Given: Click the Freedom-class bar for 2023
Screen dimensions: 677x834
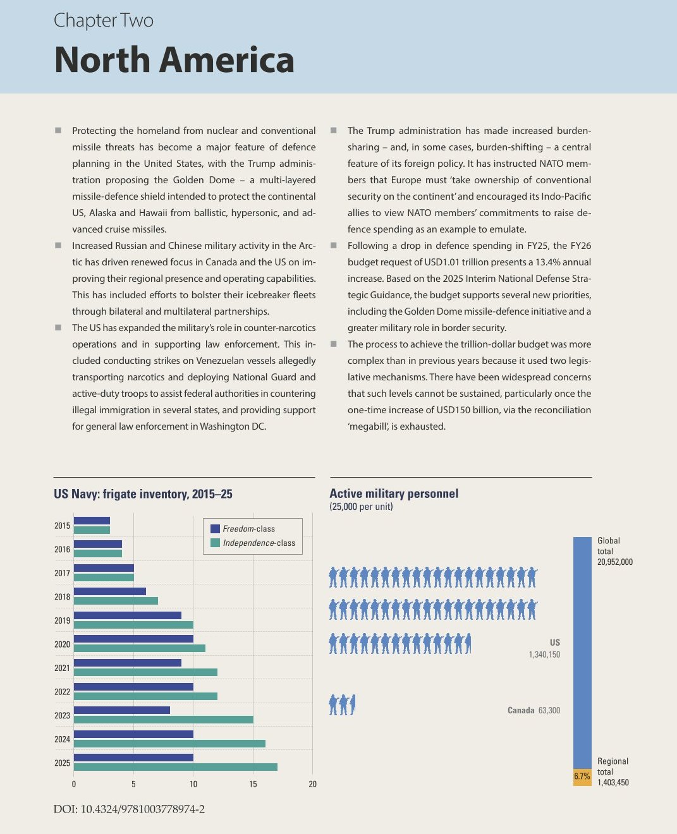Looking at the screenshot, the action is (122, 710).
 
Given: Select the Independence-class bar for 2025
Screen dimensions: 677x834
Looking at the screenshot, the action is (176, 766).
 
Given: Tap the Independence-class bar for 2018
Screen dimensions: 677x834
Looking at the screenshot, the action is (116, 601).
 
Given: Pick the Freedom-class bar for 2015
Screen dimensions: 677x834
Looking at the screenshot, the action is (92, 521).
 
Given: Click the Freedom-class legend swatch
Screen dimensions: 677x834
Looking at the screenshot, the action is (215, 529).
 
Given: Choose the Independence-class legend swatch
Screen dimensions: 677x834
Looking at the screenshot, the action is (215, 543).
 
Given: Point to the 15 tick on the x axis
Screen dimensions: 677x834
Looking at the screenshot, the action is (253, 784).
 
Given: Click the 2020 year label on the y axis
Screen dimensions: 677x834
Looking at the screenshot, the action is (63, 644).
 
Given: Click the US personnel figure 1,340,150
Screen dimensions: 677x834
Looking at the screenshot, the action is (544, 655).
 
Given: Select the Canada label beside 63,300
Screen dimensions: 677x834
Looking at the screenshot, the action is (521, 710).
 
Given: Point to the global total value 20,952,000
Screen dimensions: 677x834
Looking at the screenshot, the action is (614, 562).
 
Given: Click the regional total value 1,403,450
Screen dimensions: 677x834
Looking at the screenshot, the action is (613, 782).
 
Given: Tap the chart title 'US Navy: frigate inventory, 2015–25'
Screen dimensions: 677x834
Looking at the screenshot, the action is (143, 494).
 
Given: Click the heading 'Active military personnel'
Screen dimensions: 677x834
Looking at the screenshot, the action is (394, 493).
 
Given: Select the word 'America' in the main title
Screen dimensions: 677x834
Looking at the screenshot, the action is (226, 60).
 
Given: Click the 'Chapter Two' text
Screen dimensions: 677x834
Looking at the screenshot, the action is (104, 21).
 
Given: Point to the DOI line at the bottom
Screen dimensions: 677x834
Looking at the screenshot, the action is (129, 809).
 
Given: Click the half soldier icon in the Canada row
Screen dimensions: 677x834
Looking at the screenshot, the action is (353, 704).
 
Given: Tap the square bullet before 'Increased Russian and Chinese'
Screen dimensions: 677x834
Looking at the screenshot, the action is (58, 246).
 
